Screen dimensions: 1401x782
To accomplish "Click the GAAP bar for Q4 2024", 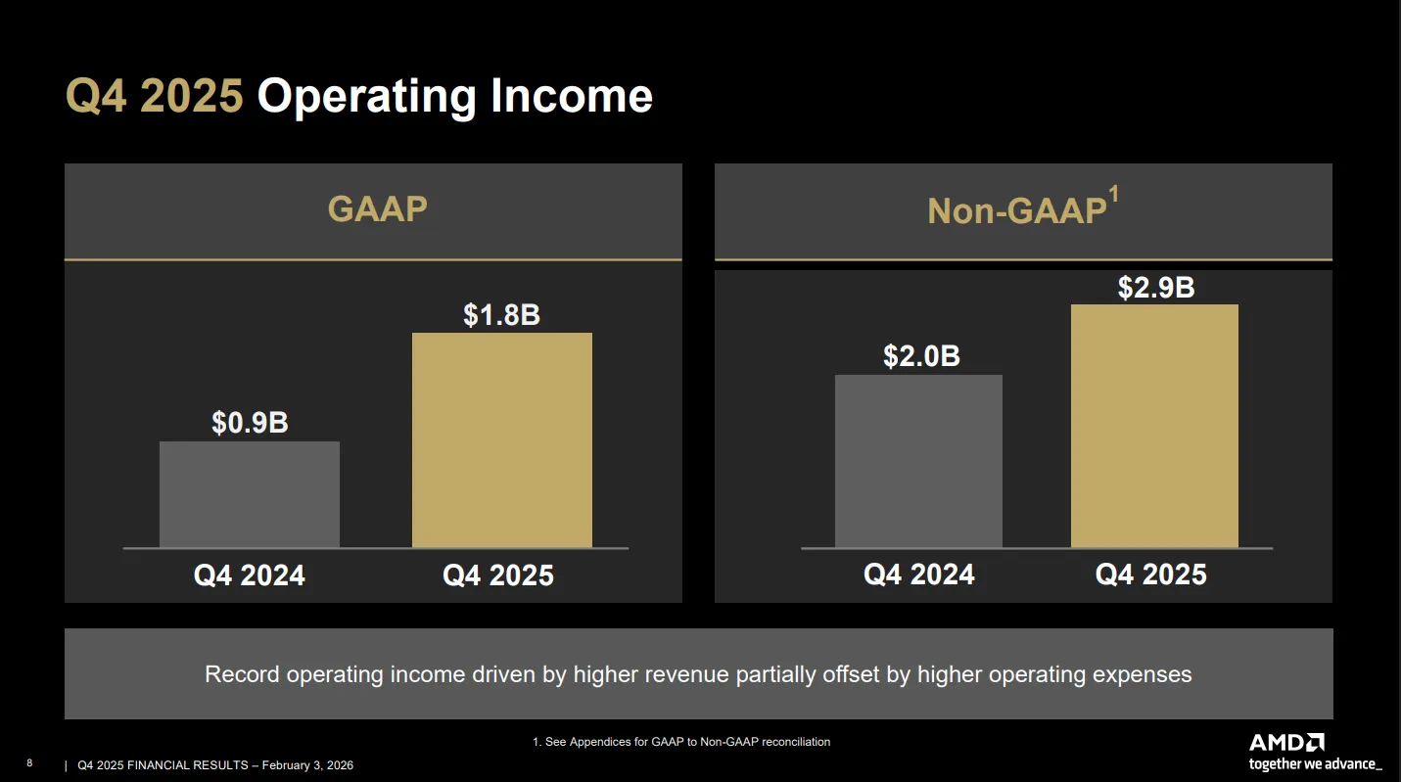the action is [250, 494].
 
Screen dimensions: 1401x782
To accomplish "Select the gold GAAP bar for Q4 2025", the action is [501, 440].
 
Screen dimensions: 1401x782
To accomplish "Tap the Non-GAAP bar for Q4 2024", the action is [918, 461].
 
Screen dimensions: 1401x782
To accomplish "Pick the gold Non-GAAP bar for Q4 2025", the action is [1154, 427].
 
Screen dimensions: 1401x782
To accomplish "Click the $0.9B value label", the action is [250, 423].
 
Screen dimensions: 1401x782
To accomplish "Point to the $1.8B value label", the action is [501, 314].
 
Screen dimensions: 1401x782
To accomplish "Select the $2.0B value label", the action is [921, 355].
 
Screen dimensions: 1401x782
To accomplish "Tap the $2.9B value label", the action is [1156, 288].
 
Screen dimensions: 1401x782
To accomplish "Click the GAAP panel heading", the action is [378, 208].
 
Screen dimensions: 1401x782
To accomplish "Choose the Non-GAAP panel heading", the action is [1017, 210].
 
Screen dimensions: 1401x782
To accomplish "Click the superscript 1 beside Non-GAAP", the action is [1114, 194].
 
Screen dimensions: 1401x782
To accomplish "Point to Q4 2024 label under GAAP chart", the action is [250, 575].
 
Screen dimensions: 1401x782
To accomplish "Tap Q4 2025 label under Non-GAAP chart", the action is [1150, 575].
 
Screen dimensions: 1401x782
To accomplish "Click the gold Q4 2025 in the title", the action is [155, 96].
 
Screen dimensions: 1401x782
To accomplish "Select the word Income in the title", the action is [572, 96].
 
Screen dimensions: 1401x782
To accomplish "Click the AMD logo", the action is [1286, 743].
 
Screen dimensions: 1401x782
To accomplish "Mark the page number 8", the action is [29, 762].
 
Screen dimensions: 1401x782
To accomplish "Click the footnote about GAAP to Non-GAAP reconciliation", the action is [681, 742].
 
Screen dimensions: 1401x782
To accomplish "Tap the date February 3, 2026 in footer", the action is [307, 765].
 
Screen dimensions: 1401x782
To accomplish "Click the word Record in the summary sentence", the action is [242, 674].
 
